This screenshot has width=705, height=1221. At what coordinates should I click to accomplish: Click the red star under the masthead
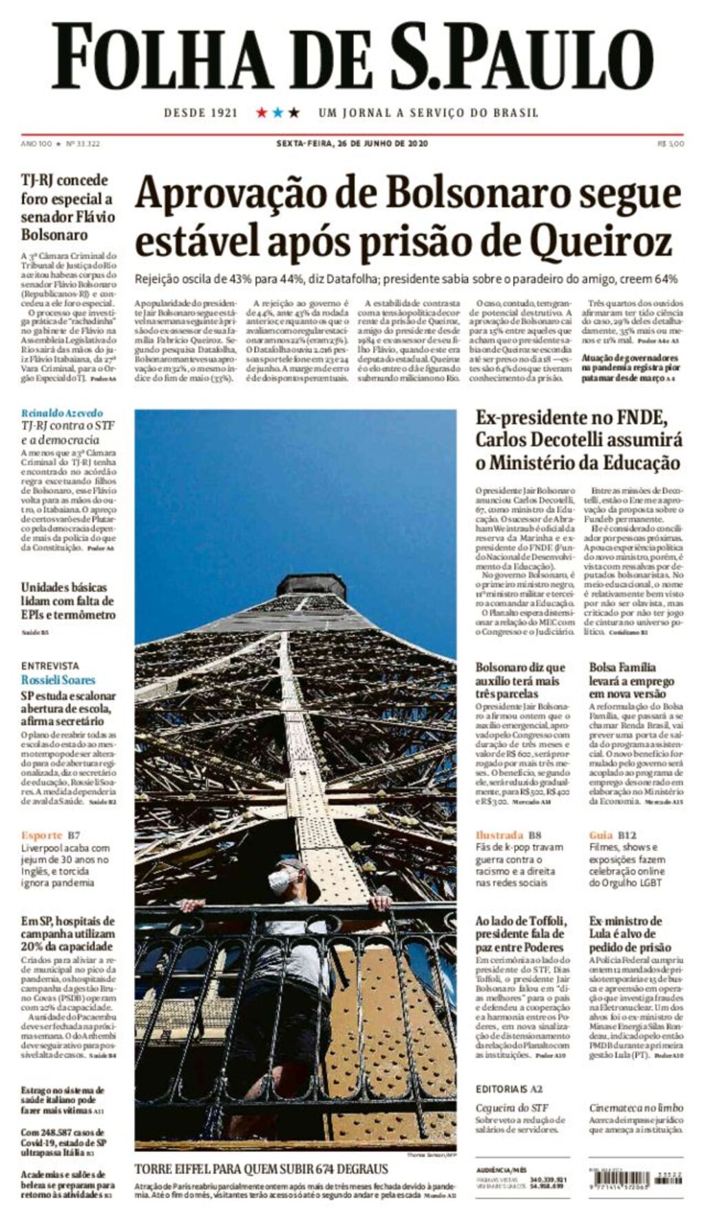coord(262,112)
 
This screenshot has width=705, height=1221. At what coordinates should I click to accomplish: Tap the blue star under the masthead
coord(277,112)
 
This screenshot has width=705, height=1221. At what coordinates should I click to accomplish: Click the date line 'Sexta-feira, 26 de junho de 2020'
coord(352,143)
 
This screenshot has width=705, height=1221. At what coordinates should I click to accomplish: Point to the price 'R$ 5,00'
coord(671,144)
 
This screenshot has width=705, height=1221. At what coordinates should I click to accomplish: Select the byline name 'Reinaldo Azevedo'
coord(62,413)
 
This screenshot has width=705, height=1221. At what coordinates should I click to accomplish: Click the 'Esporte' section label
coord(41,835)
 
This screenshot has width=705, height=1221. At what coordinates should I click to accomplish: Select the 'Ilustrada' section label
coord(500,835)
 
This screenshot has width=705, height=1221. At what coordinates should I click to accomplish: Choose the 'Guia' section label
coord(601,835)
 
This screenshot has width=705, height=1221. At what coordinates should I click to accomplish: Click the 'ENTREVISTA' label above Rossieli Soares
coord(50,666)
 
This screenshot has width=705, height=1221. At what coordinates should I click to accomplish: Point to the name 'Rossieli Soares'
coord(58,680)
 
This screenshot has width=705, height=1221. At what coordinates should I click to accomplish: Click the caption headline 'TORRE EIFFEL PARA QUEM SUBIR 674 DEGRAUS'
coord(261,1169)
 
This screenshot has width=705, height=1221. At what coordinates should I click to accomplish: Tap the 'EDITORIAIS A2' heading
coord(509,1089)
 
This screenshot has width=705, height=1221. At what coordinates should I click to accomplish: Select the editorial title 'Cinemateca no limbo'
coord(636,1107)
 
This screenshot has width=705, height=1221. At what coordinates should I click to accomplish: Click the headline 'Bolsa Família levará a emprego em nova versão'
coord(631,680)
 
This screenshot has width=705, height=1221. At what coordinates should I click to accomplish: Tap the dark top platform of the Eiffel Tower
coord(311,585)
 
